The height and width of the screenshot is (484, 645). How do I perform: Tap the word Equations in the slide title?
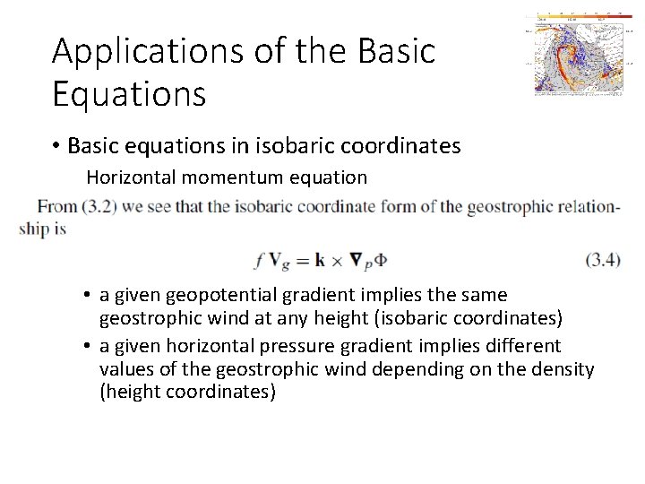point(129,92)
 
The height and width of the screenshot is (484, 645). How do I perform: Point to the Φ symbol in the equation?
point(378,261)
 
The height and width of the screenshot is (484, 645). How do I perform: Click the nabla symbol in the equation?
point(356,261)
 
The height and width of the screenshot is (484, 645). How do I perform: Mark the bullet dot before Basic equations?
point(56,146)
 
